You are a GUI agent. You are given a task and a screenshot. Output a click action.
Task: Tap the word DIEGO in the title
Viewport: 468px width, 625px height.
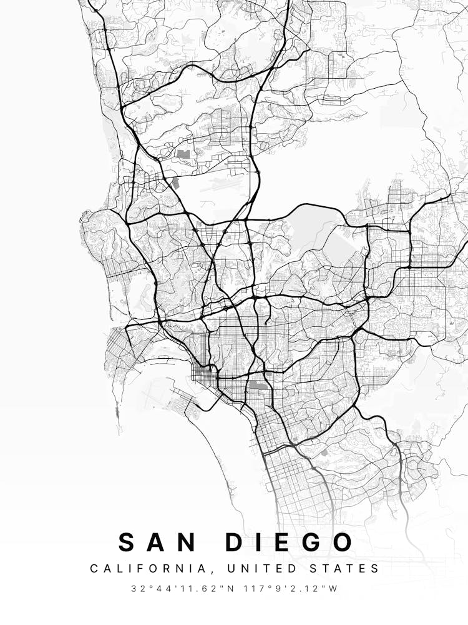(x=289, y=542)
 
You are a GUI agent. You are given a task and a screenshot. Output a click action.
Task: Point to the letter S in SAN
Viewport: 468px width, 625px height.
(x=127, y=542)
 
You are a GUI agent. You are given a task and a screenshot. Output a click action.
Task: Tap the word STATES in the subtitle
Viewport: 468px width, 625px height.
(x=345, y=569)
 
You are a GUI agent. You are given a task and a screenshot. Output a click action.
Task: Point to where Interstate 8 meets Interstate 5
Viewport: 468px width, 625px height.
(x=160, y=322)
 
